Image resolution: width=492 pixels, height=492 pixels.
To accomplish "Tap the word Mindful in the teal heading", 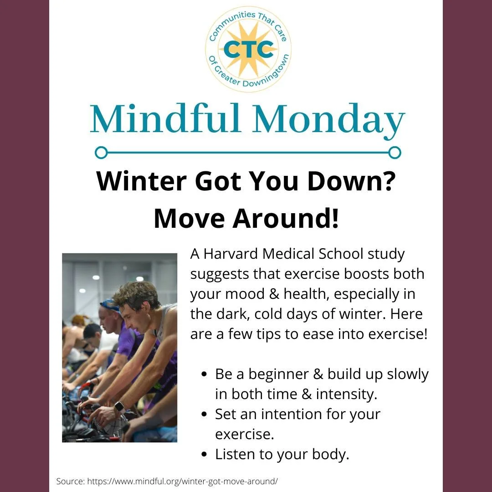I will [x=165, y=120].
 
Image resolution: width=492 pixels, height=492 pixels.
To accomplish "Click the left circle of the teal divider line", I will [x=101, y=152].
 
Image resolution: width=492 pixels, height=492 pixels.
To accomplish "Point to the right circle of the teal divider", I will [x=395, y=152].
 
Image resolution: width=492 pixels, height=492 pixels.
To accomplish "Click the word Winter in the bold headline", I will [x=142, y=182].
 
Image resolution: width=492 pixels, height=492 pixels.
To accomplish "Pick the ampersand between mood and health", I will [x=274, y=294].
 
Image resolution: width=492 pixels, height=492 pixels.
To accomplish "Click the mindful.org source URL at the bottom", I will [x=182, y=481].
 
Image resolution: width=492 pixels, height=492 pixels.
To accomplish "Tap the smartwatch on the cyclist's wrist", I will [x=119, y=407].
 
